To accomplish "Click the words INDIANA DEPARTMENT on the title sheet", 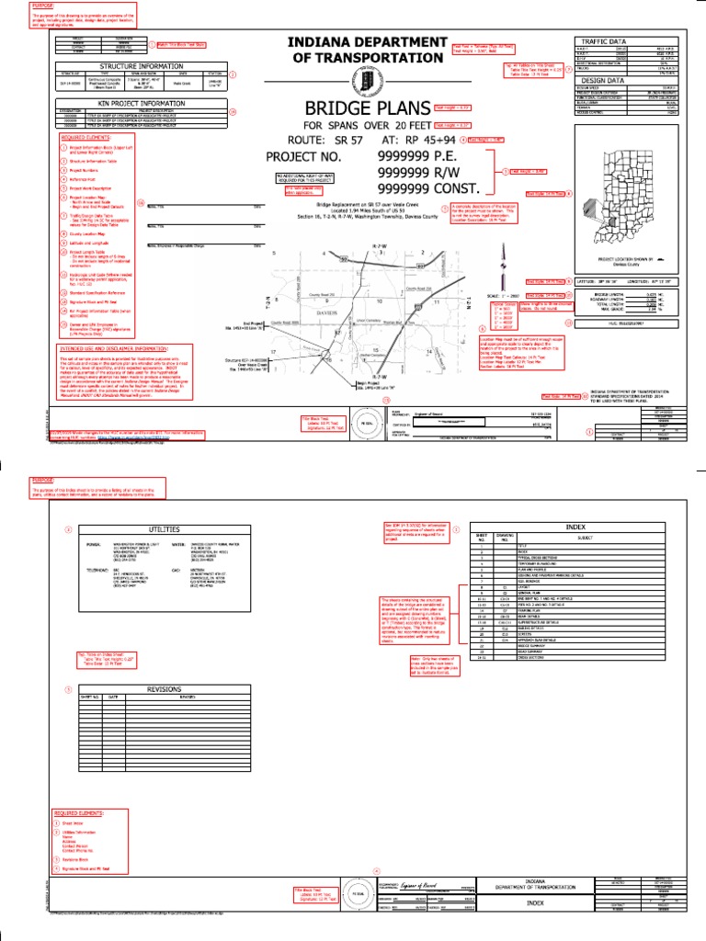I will pyautogui.click(x=367, y=42).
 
